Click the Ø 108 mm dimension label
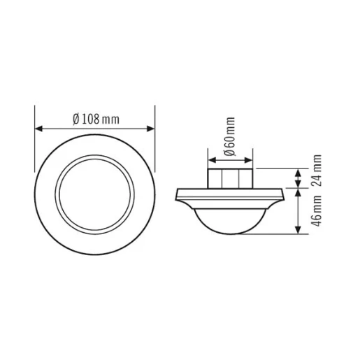pyautogui.click(x=96, y=118)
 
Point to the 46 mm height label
pyautogui.click(x=317, y=209)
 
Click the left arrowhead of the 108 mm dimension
pyautogui.click(x=38, y=128)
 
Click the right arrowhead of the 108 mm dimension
pyautogui.click(x=152, y=128)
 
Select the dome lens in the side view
pyautogui.click(x=231, y=218)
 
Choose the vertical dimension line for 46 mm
pyautogui.click(x=299, y=210)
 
